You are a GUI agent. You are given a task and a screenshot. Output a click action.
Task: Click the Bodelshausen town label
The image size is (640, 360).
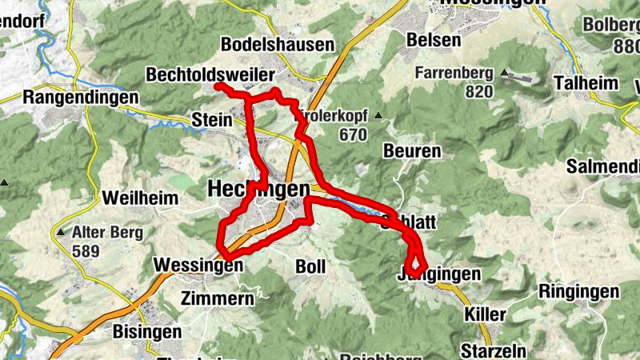point(277,44)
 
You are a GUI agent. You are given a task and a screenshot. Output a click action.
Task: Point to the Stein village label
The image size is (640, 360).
point(212,120)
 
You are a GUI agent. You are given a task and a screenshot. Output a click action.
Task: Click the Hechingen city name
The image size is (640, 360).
point(258,189)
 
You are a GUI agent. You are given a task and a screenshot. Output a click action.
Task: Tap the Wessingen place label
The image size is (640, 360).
point(198,265)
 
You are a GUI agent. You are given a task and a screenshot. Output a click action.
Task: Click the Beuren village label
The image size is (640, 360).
point(412,151)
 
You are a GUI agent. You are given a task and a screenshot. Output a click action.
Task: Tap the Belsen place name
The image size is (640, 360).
point(434,39)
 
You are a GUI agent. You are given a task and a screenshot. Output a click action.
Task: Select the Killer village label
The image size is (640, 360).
point(484,314)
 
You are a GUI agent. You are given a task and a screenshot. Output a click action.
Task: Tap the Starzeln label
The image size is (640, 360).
point(489,350)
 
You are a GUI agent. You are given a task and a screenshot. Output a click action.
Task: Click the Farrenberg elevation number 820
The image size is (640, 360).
point(478,91)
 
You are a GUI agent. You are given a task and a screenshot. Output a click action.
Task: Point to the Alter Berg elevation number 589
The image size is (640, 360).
point(86,252)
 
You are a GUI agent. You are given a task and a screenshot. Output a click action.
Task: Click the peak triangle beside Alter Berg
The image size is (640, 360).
point(62,234)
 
